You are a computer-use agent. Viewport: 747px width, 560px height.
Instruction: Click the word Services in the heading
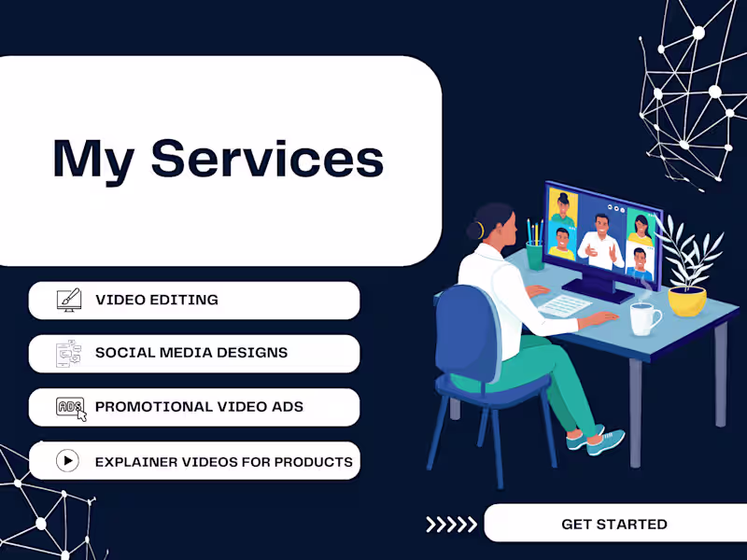pyautogui.click(x=267, y=158)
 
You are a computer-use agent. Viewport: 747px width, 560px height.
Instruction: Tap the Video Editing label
pyautogui.click(x=157, y=301)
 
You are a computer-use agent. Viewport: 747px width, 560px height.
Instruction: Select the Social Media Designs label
pyautogui.click(x=191, y=353)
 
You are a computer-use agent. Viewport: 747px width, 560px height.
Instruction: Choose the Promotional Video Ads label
pyautogui.click(x=199, y=407)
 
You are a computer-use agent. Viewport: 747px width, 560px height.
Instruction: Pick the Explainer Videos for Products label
pyautogui.click(x=224, y=461)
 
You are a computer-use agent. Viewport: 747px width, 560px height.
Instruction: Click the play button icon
pyautogui.click(x=68, y=460)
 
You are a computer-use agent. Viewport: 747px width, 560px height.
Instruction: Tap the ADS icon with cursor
pyautogui.click(x=71, y=408)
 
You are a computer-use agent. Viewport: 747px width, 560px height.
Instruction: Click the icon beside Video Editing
pyautogui.click(x=68, y=301)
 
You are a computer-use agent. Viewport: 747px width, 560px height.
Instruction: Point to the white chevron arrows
pyautogui.click(x=451, y=525)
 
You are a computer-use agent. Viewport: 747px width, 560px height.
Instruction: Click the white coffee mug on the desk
pyautogui.click(x=643, y=319)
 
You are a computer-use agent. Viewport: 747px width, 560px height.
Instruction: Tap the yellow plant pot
pyautogui.click(x=686, y=300)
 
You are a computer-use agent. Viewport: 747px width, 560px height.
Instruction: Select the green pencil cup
pyautogui.click(x=535, y=255)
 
